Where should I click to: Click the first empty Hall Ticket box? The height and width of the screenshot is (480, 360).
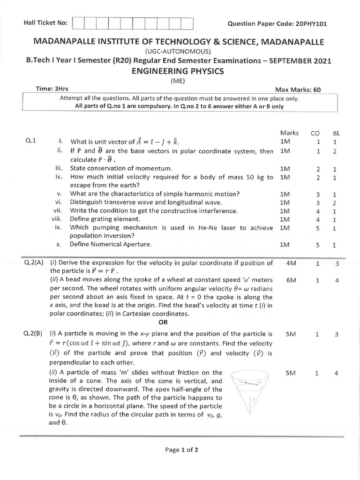[78, 23]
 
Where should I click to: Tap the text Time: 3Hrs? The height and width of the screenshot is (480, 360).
[52, 89]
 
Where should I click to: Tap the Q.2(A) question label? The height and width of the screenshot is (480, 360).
[33, 263]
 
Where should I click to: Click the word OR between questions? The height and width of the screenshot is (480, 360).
[163, 322]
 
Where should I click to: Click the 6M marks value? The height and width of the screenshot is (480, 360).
[291, 280]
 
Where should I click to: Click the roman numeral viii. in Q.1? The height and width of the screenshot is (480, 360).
[57, 219]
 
